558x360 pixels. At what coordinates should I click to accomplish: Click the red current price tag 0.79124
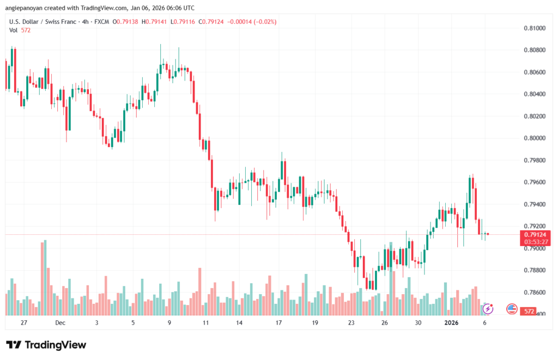(x=535, y=234)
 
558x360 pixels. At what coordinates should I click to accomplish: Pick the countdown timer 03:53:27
(x=535, y=241)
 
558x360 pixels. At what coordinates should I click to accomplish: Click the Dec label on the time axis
(x=60, y=322)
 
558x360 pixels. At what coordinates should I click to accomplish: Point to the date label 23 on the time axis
(x=351, y=322)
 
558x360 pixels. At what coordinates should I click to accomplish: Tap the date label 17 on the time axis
(x=278, y=322)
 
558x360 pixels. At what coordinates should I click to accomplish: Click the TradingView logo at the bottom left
(x=46, y=345)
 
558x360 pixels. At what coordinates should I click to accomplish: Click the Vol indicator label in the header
(x=14, y=30)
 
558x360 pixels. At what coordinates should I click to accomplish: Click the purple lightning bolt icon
(x=488, y=309)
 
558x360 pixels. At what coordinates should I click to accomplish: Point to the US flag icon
(x=512, y=309)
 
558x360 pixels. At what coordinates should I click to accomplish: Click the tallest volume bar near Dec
(x=43, y=278)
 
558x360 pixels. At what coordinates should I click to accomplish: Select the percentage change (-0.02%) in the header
(x=266, y=22)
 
